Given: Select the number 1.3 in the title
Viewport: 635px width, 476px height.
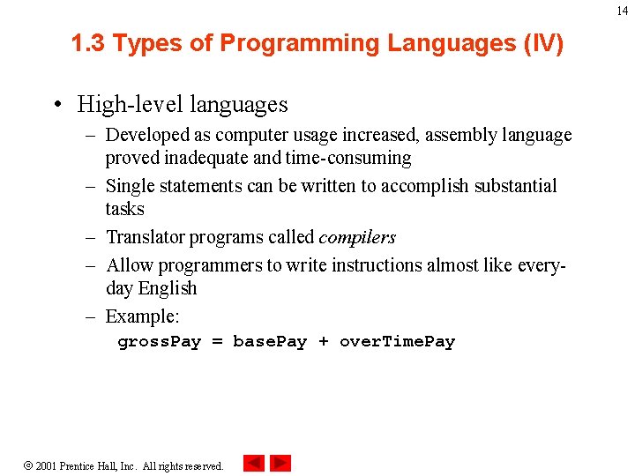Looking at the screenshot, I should [89, 43].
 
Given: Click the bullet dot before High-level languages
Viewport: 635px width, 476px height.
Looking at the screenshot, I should [56, 105].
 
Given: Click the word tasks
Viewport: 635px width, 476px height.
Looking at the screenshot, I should [124, 209].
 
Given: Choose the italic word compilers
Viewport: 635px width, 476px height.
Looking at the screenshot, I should [356, 237].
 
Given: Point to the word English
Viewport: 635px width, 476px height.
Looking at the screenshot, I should [168, 288].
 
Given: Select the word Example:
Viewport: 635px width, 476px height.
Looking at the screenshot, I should [141, 316].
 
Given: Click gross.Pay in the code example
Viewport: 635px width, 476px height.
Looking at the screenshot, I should [160, 342].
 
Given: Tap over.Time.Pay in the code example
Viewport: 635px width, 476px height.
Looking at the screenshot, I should [397, 342].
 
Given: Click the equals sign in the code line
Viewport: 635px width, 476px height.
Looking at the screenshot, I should [217, 342].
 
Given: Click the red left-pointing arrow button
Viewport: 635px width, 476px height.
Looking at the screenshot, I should [254, 463].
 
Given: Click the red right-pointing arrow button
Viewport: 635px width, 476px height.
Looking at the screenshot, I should [280, 463].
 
